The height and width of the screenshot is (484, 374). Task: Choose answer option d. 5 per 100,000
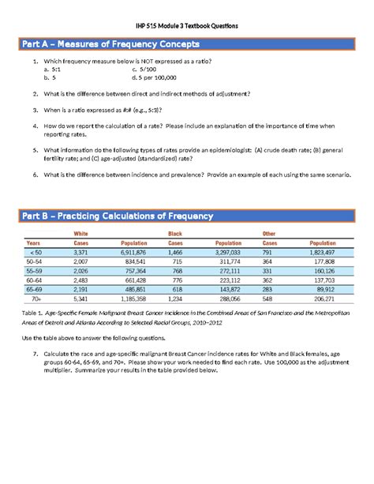point(155,77)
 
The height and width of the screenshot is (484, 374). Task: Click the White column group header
point(80,234)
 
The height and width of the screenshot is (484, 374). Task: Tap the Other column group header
point(270,234)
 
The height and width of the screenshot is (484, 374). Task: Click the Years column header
point(34,242)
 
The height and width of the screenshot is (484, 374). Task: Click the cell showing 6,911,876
point(131,251)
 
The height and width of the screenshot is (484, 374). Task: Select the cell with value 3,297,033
point(227,251)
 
